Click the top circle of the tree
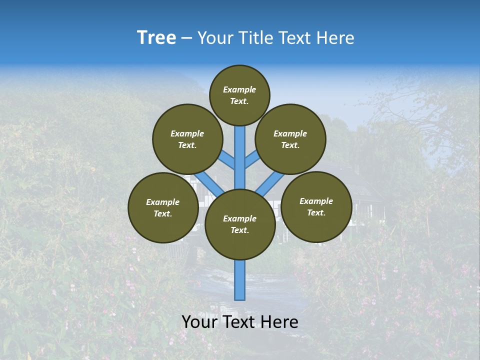[x=239, y=95]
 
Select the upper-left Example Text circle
[x=187, y=139]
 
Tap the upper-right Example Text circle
[x=290, y=139]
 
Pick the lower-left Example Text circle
[x=162, y=207]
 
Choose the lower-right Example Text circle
[x=316, y=206]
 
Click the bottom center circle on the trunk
[x=239, y=224]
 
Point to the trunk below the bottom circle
[x=239, y=280]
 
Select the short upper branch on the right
[x=252, y=160]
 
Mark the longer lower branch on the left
[x=209, y=182]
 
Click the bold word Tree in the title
[x=156, y=37]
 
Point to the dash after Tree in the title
[x=187, y=38]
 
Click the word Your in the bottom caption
[x=199, y=322]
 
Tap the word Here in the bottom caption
[x=280, y=322]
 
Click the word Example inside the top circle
[x=239, y=89]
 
